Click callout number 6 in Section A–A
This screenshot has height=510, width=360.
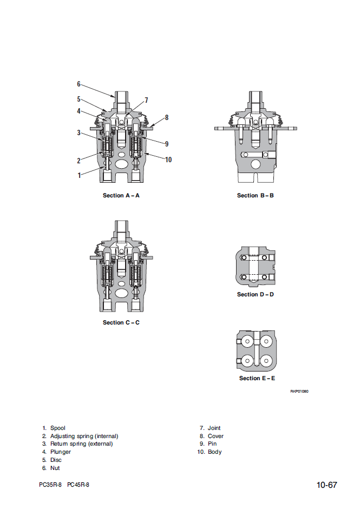coord(78,84)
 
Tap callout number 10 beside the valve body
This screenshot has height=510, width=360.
coord(168,160)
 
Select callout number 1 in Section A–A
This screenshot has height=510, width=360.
coord(79,175)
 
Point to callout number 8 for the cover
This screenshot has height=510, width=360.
coord(167,117)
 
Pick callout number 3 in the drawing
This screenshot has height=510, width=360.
coord(78,133)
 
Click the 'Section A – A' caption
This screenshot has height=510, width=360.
coord(121,195)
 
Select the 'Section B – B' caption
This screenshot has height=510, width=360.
coord(256,195)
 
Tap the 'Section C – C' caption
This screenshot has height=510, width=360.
coord(121,323)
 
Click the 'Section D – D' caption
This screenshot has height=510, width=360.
coord(256,295)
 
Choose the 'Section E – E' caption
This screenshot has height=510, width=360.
coord(257,379)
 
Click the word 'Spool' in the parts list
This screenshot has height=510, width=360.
coord(57,428)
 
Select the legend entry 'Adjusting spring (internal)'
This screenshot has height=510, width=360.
coord(84,436)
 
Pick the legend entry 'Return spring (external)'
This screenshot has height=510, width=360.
coord(81,444)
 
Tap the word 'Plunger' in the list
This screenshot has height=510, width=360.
coord(61,452)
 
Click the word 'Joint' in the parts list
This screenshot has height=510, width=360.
coord(214,428)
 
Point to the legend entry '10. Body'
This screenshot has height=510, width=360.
coord(211,452)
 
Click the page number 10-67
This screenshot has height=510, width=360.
coord(327,485)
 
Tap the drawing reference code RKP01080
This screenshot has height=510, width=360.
coord(299,391)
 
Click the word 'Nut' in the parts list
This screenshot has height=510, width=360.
coord(55,468)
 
